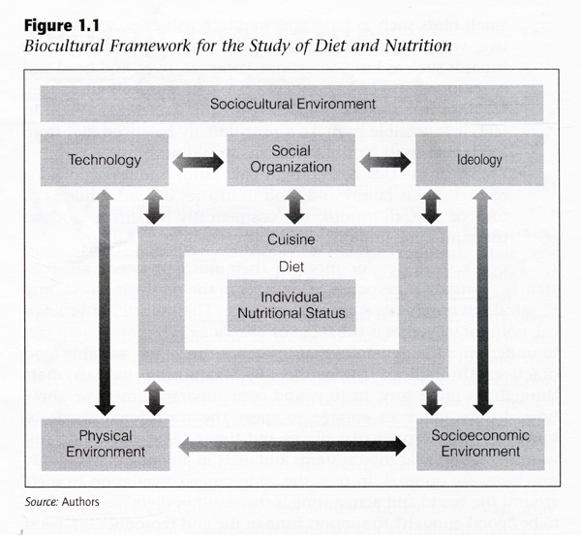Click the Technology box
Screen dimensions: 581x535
click(105, 160)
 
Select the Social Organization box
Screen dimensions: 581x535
click(290, 160)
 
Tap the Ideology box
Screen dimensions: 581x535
click(479, 160)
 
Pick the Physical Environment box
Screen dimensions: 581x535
click(106, 445)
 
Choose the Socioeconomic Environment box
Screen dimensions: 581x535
click(480, 444)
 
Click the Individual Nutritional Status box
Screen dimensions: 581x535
click(291, 305)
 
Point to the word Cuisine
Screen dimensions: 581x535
click(291, 239)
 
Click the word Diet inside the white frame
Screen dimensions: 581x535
click(291, 267)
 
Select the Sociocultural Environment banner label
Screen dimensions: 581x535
click(292, 104)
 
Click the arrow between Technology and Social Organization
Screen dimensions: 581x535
click(198, 163)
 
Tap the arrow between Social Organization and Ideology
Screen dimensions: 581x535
click(385, 163)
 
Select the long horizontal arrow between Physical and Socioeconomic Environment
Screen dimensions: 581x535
click(292, 446)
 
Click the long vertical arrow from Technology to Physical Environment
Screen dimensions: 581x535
click(105, 302)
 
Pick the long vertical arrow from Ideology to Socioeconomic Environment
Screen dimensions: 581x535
click(482, 302)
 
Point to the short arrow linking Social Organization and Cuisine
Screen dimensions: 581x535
click(294, 206)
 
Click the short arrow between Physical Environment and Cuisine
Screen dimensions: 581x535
click(155, 398)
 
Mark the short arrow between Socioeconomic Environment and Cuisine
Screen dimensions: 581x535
click(432, 398)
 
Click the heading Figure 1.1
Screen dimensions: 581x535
click(62, 26)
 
